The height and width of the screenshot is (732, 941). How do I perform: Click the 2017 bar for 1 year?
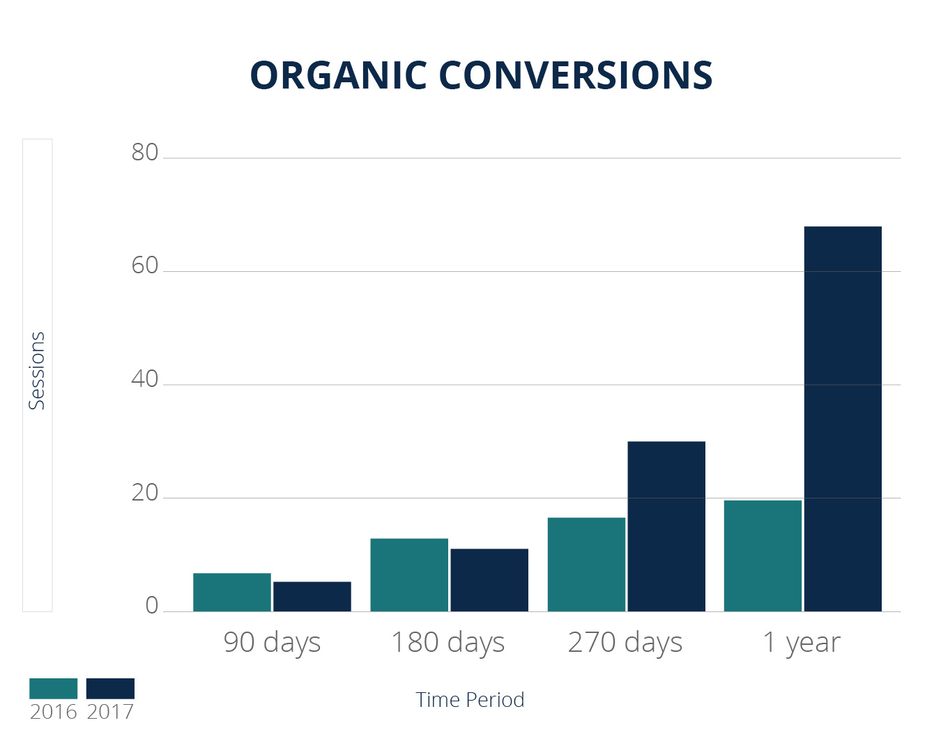tap(843, 418)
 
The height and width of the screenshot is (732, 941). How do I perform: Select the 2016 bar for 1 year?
tap(763, 556)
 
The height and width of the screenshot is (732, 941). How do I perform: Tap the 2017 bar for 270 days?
tap(666, 526)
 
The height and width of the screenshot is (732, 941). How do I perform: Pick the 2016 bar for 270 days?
tap(586, 564)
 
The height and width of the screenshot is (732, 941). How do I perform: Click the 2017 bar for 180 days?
tap(489, 580)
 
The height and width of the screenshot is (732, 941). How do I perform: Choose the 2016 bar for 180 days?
tap(409, 574)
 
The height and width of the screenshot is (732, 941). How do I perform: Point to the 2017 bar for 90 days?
tap(312, 596)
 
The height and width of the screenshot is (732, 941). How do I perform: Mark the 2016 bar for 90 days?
tap(232, 592)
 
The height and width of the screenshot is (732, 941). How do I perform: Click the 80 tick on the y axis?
tap(145, 153)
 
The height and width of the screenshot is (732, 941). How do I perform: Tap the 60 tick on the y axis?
tap(145, 266)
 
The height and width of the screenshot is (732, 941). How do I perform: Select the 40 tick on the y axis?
tap(145, 379)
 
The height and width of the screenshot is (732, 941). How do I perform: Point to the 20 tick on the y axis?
tap(145, 493)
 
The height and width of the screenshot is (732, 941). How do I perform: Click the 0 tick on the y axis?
tap(152, 606)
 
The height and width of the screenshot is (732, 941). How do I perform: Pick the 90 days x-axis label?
tap(272, 642)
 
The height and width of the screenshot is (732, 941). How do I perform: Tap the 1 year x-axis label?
tap(802, 642)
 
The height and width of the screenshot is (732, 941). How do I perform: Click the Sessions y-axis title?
tap(36, 371)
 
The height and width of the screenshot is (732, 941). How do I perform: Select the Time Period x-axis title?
tap(470, 700)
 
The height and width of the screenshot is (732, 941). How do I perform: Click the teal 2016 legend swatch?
tap(54, 689)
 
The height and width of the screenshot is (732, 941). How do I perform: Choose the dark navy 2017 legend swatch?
tap(110, 689)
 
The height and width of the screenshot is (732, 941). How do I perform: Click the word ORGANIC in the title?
tap(339, 75)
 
